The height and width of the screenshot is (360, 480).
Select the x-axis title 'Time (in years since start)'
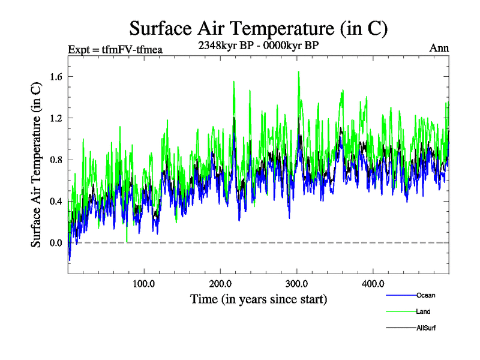tap(259, 298)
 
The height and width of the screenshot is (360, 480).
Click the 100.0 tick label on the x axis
tap(144, 283)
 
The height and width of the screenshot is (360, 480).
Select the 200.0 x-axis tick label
tap(220, 283)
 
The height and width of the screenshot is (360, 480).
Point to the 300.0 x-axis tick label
tap(297, 283)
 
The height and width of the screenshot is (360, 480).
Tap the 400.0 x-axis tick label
tap(373, 283)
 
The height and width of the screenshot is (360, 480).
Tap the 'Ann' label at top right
tap(439, 49)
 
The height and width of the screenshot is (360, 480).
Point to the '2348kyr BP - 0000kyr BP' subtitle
tap(259, 44)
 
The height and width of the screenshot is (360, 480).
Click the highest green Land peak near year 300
tap(298, 71)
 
